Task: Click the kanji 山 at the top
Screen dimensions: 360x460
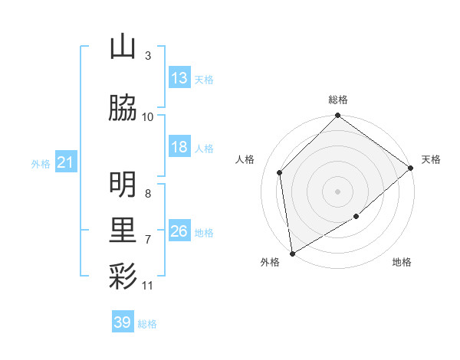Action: (x=123, y=47)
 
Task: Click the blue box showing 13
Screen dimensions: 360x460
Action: (x=179, y=77)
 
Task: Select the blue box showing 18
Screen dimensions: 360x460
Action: (x=179, y=147)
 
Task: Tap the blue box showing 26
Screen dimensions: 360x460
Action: (x=179, y=231)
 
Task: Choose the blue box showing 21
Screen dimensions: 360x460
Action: (x=66, y=162)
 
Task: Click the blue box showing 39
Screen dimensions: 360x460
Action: (x=123, y=322)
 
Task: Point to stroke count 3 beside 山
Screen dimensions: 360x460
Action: (x=148, y=56)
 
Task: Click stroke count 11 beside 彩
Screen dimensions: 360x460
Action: (x=148, y=286)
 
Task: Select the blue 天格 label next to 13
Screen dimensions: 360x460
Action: (x=203, y=79)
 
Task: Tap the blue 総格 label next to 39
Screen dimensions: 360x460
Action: (x=147, y=324)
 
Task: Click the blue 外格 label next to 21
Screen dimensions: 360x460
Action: (x=41, y=164)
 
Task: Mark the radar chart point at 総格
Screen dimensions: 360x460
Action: (x=337, y=116)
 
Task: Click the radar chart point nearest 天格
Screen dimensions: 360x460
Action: (x=411, y=168)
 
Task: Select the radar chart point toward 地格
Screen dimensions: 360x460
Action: (x=356, y=218)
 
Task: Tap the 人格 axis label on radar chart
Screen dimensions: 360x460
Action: (x=245, y=159)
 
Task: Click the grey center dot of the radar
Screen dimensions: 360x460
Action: (x=337, y=191)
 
